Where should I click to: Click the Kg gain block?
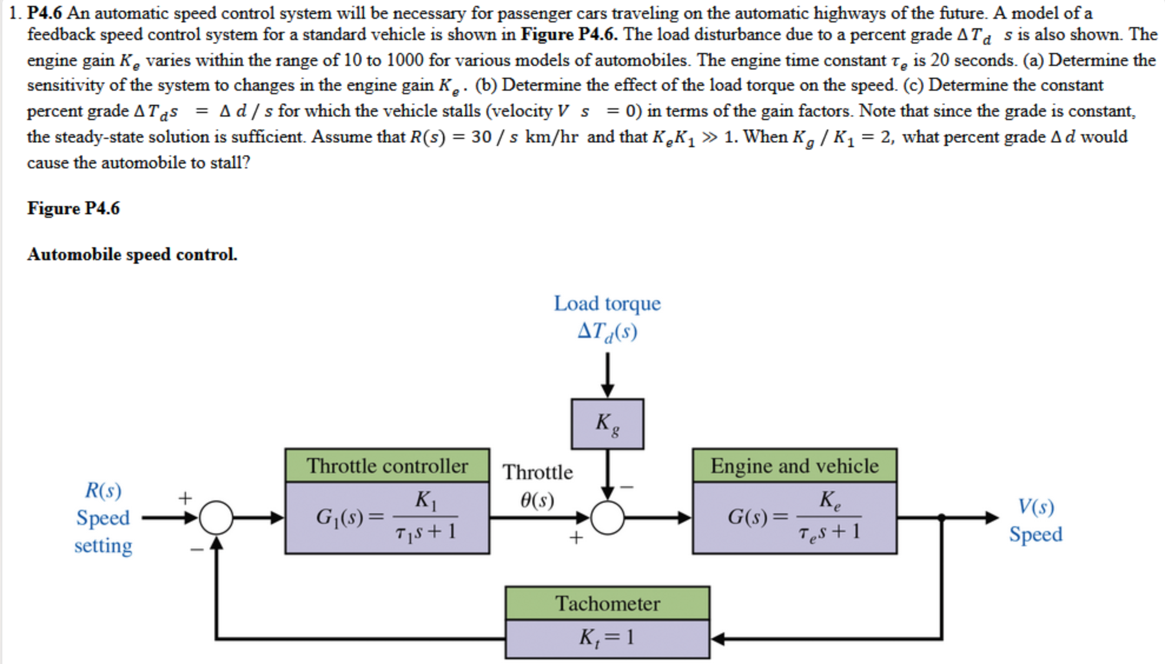pyautogui.click(x=607, y=424)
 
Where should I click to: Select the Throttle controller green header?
pyautogui.click(x=387, y=466)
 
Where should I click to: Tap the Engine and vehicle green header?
pyautogui.click(x=795, y=466)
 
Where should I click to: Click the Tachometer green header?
pyautogui.click(x=607, y=603)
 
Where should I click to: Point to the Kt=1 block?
pyautogui.click(x=607, y=638)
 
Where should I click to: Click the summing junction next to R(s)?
pyautogui.click(x=216, y=518)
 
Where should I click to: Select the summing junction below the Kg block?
pyautogui.click(x=607, y=518)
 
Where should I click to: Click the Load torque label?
pyautogui.click(x=607, y=304)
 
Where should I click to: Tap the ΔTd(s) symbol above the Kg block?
pyautogui.click(x=607, y=331)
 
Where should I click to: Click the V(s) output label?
pyautogui.click(x=1036, y=507)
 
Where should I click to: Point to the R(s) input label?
pyautogui.click(x=103, y=490)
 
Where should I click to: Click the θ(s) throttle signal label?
pyautogui.click(x=537, y=500)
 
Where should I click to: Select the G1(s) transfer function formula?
pyautogui.click(x=387, y=517)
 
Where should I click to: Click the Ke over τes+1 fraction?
pyautogui.click(x=829, y=516)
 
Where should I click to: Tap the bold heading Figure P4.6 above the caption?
pyautogui.click(x=73, y=208)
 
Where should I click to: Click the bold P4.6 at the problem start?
pyautogui.click(x=44, y=13)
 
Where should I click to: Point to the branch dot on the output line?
pyautogui.click(x=941, y=518)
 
